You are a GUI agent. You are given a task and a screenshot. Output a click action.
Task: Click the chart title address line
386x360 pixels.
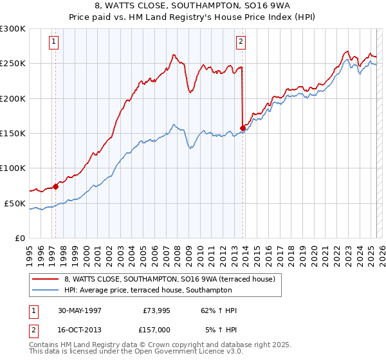[193, 6]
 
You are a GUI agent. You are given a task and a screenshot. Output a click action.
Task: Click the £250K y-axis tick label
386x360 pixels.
[13, 64]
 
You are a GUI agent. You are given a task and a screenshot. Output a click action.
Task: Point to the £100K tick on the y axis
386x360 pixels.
[13, 168]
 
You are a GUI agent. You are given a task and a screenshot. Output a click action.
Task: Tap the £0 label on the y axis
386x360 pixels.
[19, 238]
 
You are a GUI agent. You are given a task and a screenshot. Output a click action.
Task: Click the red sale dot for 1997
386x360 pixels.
[55, 186]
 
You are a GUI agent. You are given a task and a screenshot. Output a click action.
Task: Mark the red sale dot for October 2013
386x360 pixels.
[243, 128]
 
